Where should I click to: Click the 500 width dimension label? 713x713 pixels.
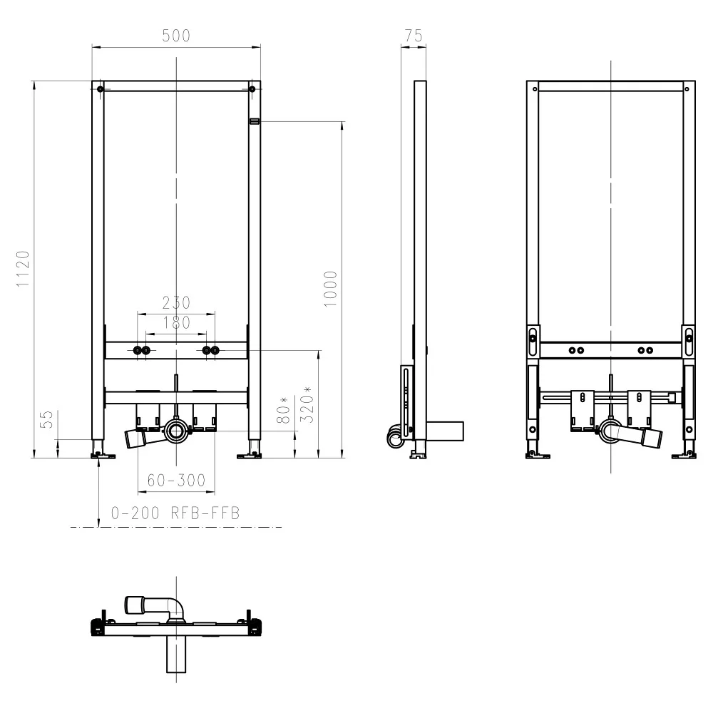click(x=176, y=36)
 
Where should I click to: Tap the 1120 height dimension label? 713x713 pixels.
click(x=24, y=269)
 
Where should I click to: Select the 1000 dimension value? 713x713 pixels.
click(x=331, y=289)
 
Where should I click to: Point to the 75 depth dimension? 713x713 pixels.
click(x=414, y=36)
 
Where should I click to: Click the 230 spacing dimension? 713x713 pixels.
click(x=176, y=303)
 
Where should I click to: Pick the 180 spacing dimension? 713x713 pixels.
click(x=176, y=323)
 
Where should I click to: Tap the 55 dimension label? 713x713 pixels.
click(x=47, y=419)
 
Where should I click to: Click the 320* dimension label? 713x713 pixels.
click(x=307, y=405)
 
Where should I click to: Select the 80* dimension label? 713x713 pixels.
click(x=283, y=410)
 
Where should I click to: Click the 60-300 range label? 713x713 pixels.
click(x=176, y=480)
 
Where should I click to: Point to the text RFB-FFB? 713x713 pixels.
click(x=205, y=513)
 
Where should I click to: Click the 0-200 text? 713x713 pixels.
click(x=135, y=513)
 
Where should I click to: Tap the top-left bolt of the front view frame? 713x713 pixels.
click(x=101, y=88)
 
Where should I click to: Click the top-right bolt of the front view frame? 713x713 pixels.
click(x=252, y=88)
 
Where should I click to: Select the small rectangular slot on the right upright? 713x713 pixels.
click(x=255, y=121)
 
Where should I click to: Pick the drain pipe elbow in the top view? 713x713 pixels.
click(x=176, y=607)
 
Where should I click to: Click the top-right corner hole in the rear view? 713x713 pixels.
click(x=687, y=89)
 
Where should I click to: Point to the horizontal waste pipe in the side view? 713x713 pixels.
click(x=445, y=431)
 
